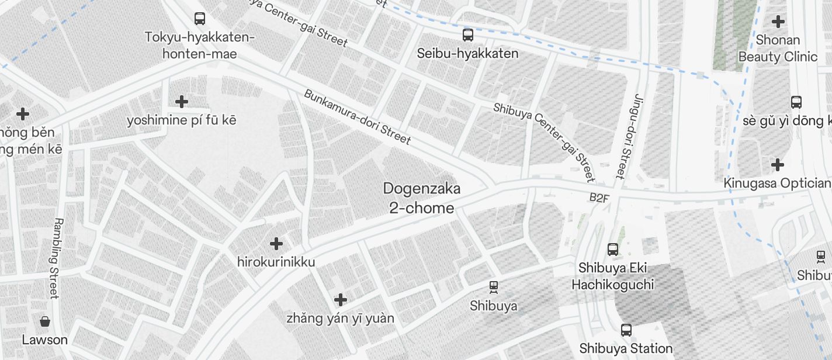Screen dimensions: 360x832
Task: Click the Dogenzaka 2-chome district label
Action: pyautogui.click(x=421, y=198)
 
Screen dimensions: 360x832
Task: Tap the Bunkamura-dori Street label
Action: pyautogui.click(x=357, y=117)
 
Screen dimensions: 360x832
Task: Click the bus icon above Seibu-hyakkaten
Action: pyautogui.click(x=468, y=35)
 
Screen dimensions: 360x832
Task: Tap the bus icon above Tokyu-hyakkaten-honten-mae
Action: pyautogui.click(x=200, y=19)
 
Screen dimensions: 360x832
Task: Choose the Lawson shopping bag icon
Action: pyautogui.click(x=44, y=321)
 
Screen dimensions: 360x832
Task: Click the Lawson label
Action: pyautogui.click(x=44, y=340)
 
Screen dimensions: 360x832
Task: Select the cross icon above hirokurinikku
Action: pyautogui.click(x=276, y=243)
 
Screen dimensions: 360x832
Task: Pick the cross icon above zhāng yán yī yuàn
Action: pyautogui.click(x=340, y=300)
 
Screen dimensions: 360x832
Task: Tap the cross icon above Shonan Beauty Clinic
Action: pyautogui.click(x=778, y=22)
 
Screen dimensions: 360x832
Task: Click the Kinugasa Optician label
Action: pyautogui.click(x=777, y=183)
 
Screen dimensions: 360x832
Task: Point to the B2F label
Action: pyautogui.click(x=599, y=198)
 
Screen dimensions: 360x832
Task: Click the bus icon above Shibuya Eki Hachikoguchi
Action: pyautogui.click(x=612, y=250)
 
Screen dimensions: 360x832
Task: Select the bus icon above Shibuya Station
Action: pyautogui.click(x=626, y=330)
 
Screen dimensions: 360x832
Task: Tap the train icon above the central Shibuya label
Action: pyautogui.click(x=493, y=287)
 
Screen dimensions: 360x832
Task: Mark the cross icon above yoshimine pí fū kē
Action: pyautogui.click(x=182, y=102)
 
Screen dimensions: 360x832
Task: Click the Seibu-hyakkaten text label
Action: pyautogui.click(x=467, y=54)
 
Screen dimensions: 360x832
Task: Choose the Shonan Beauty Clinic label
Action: pyautogui.click(x=778, y=49)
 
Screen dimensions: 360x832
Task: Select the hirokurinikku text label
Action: pyautogui.click(x=276, y=262)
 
